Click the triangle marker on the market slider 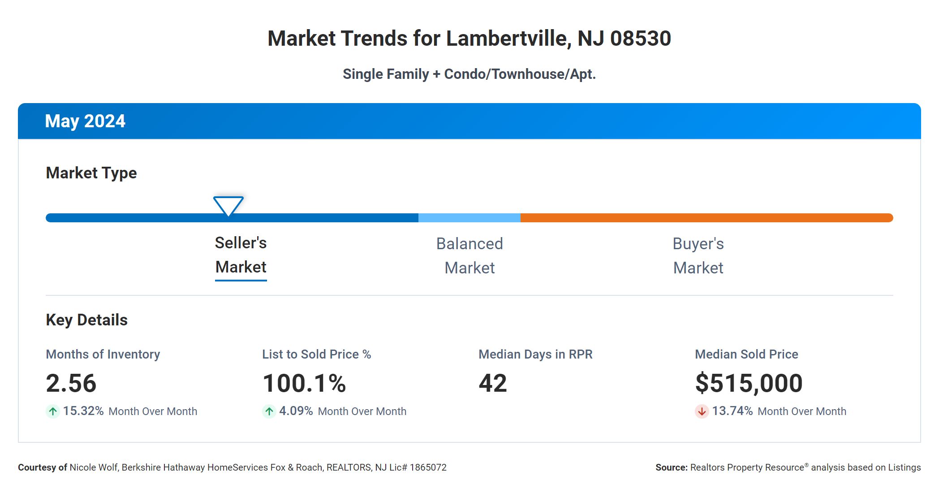(228, 205)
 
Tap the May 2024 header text (85, 121)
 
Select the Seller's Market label (241, 255)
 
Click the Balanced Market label (469, 256)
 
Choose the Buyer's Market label (698, 256)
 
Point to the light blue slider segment (469, 218)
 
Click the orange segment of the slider (706, 218)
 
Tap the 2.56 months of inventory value (71, 383)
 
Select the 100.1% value (304, 383)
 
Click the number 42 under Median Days (493, 383)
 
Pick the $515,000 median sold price (749, 383)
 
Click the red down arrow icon (702, 411)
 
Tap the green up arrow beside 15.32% (53, 411)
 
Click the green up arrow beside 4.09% (269, 411)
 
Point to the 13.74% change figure (732, 411)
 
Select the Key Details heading (86, 320)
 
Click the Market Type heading (91, 173)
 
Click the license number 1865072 (428, 467)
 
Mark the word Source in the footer (671, 467)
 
